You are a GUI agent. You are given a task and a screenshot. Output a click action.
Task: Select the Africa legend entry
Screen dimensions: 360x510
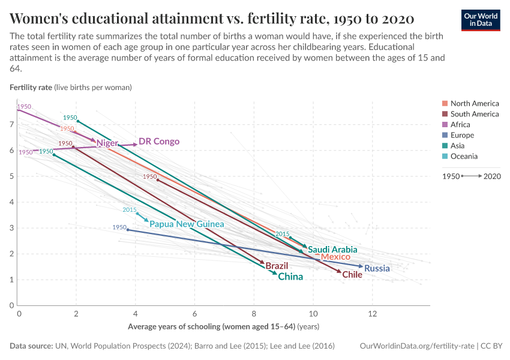coord(460,125)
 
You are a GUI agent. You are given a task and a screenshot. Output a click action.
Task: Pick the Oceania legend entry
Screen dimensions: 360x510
coord(464,156)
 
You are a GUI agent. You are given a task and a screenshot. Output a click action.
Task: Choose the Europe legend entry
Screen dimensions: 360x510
coord(462,135)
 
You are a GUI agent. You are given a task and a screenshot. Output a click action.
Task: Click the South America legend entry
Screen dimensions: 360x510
coord(474,114)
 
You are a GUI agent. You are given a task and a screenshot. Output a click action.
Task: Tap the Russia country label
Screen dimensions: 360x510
coord(377,268)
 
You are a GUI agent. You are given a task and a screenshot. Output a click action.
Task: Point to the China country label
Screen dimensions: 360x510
coord(290,277)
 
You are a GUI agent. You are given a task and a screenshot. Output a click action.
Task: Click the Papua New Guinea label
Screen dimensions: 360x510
coord(187,224)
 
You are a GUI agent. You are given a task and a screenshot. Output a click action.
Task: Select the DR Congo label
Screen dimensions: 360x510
coord(159,142)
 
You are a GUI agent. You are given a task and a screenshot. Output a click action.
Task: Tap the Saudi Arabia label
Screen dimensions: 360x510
coord(332,250)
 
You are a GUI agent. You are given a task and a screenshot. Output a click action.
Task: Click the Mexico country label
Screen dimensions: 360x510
coord(335,257)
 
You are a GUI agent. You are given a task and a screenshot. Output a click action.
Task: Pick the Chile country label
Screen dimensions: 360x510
coord(352,274)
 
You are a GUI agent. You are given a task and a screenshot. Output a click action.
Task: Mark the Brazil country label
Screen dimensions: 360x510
coord(277,266)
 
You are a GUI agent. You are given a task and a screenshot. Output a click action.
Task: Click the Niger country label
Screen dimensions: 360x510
coord(107,143)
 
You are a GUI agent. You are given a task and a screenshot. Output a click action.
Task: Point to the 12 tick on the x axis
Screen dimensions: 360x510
coord(372,314)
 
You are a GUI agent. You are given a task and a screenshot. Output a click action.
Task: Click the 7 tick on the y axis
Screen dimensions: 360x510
coord(11,124)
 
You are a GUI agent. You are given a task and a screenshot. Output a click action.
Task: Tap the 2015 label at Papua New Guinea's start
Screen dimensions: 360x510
coord(130,209)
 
